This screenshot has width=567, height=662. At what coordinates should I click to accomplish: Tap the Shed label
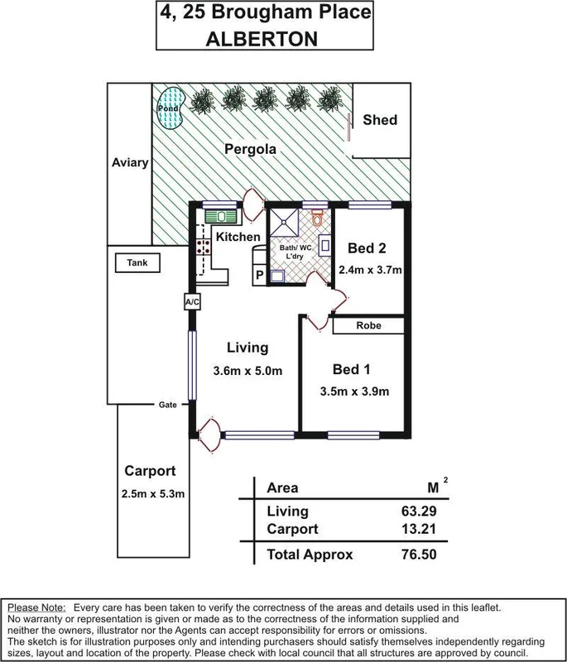[380, 120]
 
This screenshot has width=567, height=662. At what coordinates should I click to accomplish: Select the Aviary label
[130, 163]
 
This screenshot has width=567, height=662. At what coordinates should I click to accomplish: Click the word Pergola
[252, 150]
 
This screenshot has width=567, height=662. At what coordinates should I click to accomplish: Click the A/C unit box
[192, 303]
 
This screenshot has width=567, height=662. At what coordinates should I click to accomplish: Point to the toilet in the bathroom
[317, 220]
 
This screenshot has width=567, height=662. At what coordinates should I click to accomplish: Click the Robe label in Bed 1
[368, 326]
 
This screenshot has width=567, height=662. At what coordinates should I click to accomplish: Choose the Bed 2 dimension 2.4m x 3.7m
[370, 270]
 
